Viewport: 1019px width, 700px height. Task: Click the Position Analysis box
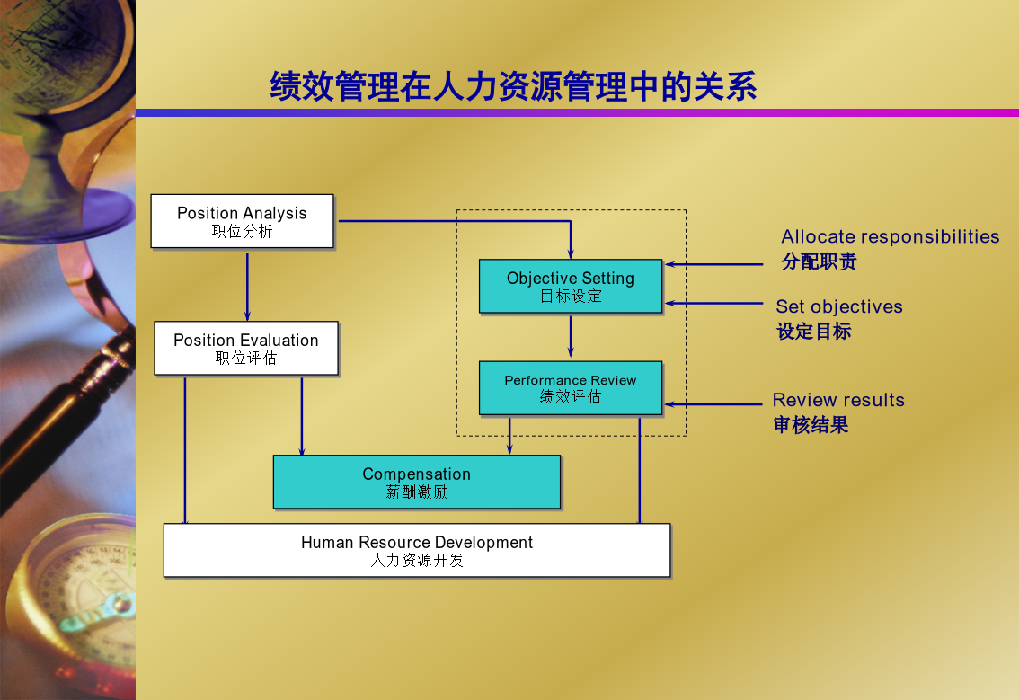click(242, 221)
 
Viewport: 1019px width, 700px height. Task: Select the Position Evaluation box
click(246, 348)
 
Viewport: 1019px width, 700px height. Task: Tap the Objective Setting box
click(571, 286)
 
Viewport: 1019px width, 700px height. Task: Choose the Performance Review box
click(571, 388)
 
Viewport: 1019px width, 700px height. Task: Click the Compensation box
click(417, 482)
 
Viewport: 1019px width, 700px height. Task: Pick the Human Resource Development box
click(417, 551)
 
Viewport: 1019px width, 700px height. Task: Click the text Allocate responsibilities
click(890, 236)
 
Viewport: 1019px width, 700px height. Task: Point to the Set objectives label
click(839, 306)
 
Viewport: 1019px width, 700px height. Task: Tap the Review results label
click(838, 400)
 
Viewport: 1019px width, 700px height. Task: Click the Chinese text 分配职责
click(819, 261)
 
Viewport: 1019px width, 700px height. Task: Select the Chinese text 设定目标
click(813, 332)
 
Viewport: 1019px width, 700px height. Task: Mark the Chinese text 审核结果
click(811, 425)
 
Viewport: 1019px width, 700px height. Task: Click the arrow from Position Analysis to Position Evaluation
click(247, 286)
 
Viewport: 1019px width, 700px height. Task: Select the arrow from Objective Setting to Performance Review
click(571, 336)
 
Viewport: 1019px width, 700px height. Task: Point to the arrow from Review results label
click(713, 404)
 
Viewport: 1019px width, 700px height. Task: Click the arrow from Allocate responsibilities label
click(713, 264)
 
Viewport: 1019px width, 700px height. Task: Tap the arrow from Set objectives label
click(713, 303)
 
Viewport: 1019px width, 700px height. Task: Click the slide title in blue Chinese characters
click(513, 86)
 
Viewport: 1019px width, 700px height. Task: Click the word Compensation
click(417, 474)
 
